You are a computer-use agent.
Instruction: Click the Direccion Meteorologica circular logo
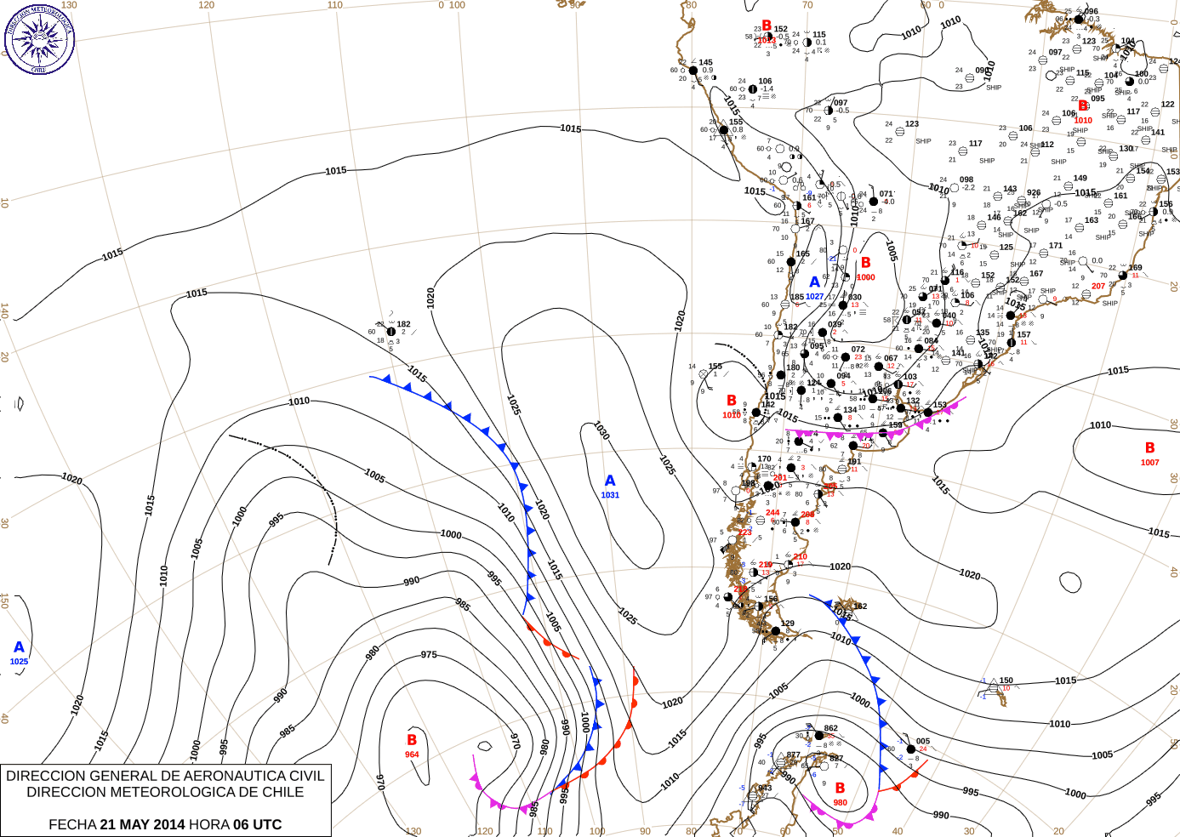[39, 38]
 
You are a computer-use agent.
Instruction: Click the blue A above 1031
[610, 481]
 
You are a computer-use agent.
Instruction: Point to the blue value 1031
[610, 495]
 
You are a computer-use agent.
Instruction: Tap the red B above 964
[412, 740]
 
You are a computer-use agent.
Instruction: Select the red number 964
[412, 754]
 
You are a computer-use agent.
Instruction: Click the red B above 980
[840, 788]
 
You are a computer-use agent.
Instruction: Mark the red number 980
[840, 802]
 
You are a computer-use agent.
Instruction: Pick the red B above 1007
[1149, 447]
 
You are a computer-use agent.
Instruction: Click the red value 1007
[1149, 463]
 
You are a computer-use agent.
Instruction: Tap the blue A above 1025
[19, 647]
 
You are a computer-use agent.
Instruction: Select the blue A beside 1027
[814, 282]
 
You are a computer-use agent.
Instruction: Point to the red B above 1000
[865, 263]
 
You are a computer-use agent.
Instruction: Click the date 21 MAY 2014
[142, 824]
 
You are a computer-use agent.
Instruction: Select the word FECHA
[72, 824]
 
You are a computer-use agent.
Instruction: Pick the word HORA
[209, 824]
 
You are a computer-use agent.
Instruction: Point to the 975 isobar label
[429, 654]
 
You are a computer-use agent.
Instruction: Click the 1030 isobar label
[601, 430]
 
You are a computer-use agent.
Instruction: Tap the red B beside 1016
[732, 401]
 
